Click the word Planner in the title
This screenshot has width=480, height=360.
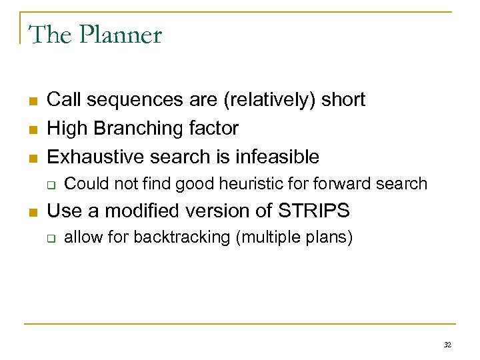[122, 35]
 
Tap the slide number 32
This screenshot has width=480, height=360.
[447, 345]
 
